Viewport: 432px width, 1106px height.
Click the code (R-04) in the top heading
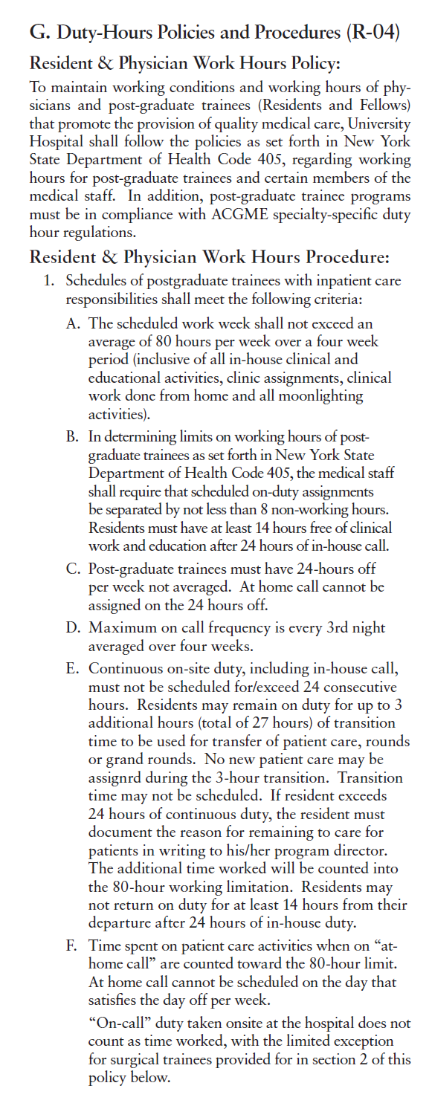pos(373,33)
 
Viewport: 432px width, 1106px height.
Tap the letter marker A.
pos(72,324)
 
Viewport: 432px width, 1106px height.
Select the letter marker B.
pos(72,436)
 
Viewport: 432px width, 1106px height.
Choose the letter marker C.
pos(72,569)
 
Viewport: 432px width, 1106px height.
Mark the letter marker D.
pos(72,629)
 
